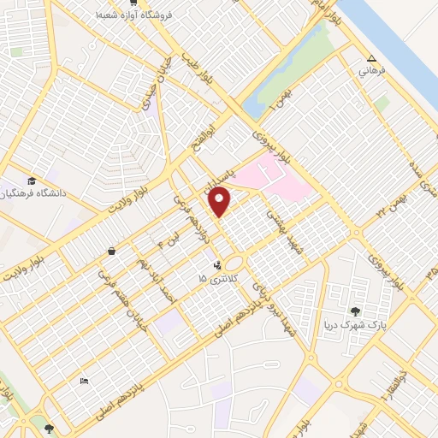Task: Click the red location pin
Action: pyautogui.click(x=220, y=202)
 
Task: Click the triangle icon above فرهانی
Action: pyautogui.click(x=370, y=59)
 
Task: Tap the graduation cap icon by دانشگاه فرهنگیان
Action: pyautogui.click(x=31, y=181)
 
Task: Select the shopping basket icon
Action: pyautogui.click(x=113, y=251)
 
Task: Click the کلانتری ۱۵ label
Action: pyautogui.click(x=215, y=279)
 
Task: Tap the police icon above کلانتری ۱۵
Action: pyautogui.click(x=218, y=265)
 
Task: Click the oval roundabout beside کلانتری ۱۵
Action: pyautogui.click(x=237, y=263)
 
